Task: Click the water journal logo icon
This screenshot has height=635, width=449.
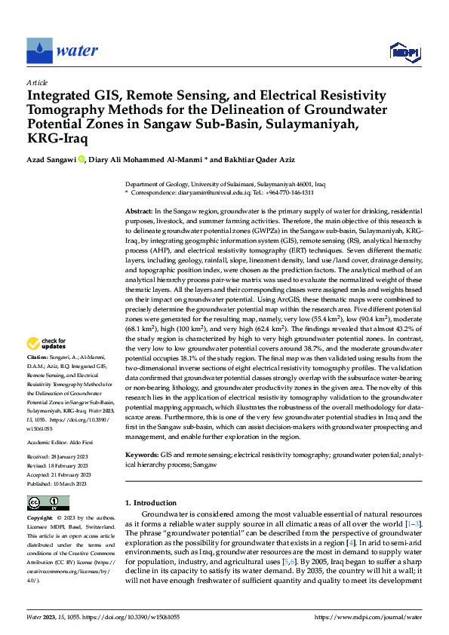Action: click(40, 50)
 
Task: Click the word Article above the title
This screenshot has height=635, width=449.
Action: click(37, 82)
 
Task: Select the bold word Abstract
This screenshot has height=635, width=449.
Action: click(139, 212)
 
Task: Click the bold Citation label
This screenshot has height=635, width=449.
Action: click(38, 356)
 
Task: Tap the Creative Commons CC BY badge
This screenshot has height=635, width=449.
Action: click(48, 502)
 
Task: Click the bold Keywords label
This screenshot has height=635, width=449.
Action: click(142, 456)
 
